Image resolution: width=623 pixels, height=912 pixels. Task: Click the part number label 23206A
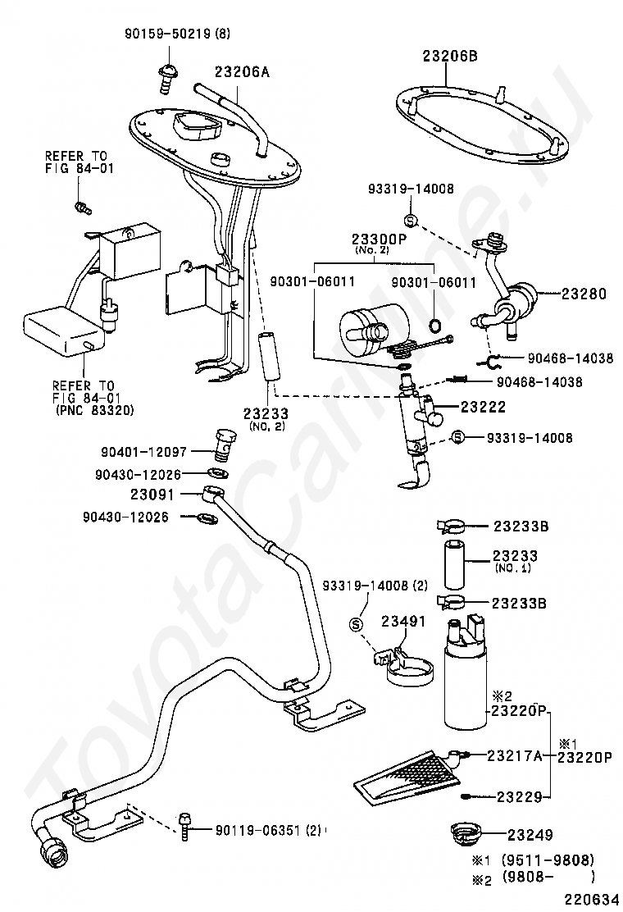pos(243,72)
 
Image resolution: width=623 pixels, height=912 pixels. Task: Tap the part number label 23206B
pos(450,57)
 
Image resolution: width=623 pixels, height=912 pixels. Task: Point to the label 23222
pos(483,407)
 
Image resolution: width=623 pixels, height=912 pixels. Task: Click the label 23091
pos(152,495)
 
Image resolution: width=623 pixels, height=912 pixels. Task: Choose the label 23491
pos(403,621)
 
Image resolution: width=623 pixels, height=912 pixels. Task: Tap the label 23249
pos(530,835)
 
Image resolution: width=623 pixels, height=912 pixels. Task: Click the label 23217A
pos(514,755)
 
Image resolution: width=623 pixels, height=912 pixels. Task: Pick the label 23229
pos(520,797)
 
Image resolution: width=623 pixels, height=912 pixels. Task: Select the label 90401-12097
pos(143,451)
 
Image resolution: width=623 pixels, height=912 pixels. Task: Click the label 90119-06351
pos(258,832)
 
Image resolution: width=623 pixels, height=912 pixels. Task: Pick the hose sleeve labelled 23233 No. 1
pos(456,564)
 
